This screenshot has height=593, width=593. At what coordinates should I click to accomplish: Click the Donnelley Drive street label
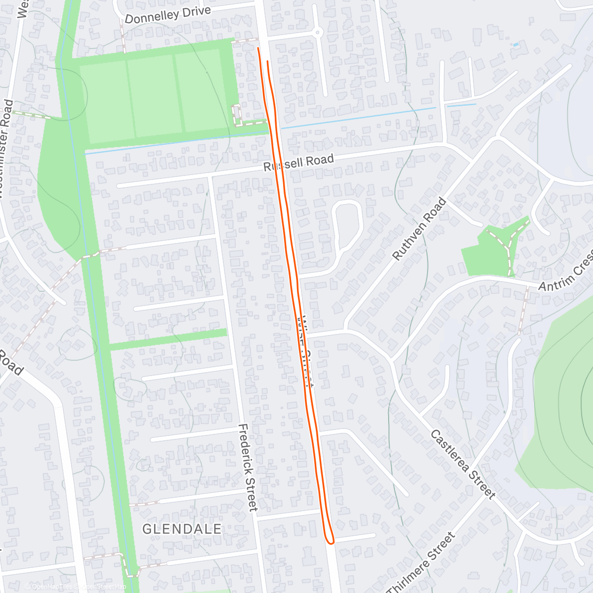(x=168, y=15)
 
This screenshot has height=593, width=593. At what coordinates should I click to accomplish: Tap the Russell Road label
(x=298, y=162)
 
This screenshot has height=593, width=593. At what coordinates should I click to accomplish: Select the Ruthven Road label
(x=419, y=229)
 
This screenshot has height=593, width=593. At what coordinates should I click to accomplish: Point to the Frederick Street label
(x=248, y=467)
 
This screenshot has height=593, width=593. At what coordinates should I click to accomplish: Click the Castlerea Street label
(x=463, y=464)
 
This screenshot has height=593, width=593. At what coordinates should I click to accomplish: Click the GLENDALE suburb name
(x=182, y=529)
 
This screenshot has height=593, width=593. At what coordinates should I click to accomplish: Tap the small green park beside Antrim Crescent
(x=487, y=254)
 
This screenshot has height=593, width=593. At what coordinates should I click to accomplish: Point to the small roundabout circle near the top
(x=317, y=33)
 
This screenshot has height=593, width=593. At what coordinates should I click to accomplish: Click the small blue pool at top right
(x=516, y=44)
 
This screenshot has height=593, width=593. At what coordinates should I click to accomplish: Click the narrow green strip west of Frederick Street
(x=168, y=339)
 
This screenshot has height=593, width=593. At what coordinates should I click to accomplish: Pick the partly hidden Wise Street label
(x=306, y=351)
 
